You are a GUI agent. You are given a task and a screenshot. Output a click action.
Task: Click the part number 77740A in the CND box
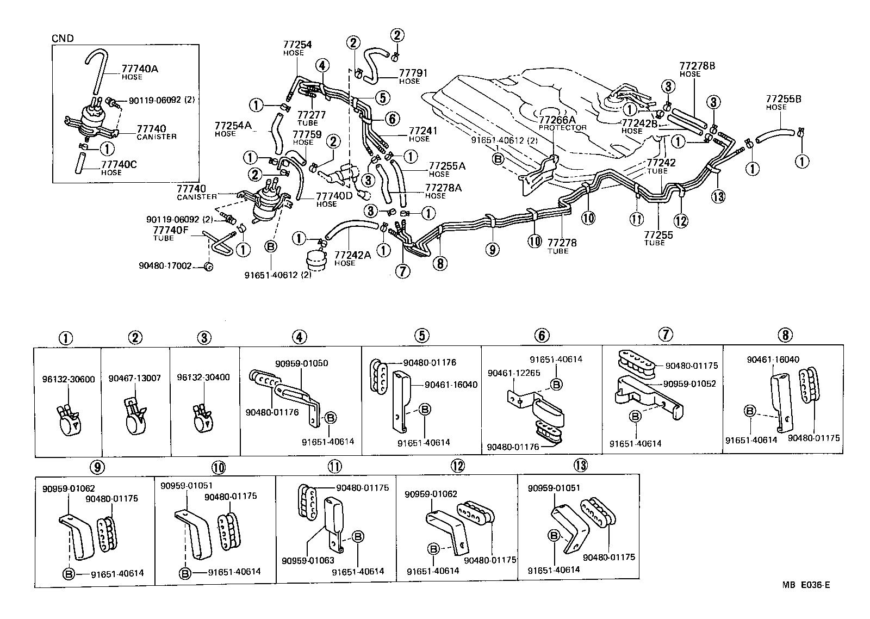(140, 69)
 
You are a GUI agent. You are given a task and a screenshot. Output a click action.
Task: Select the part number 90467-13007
(134, 378)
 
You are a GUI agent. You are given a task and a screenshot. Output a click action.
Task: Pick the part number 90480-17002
(165, 266)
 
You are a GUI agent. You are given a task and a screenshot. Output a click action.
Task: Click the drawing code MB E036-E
(806, 585)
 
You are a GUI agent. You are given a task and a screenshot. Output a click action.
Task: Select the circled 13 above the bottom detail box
(580, 465)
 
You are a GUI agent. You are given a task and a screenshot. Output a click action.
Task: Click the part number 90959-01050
(301, 363)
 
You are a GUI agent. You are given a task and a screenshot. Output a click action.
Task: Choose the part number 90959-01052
(689, 383)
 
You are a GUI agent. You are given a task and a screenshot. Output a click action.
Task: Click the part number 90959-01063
(308, 561)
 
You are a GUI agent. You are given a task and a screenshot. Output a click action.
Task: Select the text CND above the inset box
(62, 39)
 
